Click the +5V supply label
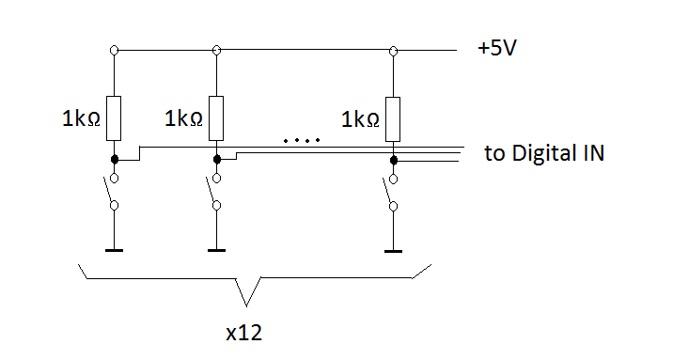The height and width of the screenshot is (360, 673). [497, 48]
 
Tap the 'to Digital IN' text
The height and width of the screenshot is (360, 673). [544, 153]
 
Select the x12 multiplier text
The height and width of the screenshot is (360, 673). [243, 333]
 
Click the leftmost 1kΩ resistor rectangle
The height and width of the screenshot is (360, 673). [114, 118]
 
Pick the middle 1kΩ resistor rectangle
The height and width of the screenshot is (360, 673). [216, 118]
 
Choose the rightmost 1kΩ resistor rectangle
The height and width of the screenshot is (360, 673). [393, 119]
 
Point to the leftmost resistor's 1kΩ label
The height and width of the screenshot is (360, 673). [81, 118]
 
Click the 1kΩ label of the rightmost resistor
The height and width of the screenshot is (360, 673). [360, 119]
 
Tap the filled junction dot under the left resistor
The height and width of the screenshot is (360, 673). [114, 160]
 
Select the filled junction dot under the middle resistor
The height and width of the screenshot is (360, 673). [217, 160]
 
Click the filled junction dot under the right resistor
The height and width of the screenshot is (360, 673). [393, 161]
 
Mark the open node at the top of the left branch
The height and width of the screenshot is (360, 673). [114, 50]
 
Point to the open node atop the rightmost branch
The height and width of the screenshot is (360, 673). [393, 51]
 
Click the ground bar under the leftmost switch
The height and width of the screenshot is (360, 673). [114, 250]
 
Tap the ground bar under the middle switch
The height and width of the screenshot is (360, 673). [217, 250]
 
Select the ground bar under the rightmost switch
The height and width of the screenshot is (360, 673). [393, 251]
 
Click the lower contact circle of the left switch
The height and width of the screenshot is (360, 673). [114, 206]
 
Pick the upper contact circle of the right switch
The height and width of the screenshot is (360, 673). [393, 179]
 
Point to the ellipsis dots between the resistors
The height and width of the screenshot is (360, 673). [302, 140]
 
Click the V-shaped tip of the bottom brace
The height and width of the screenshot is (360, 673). [246, 306]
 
